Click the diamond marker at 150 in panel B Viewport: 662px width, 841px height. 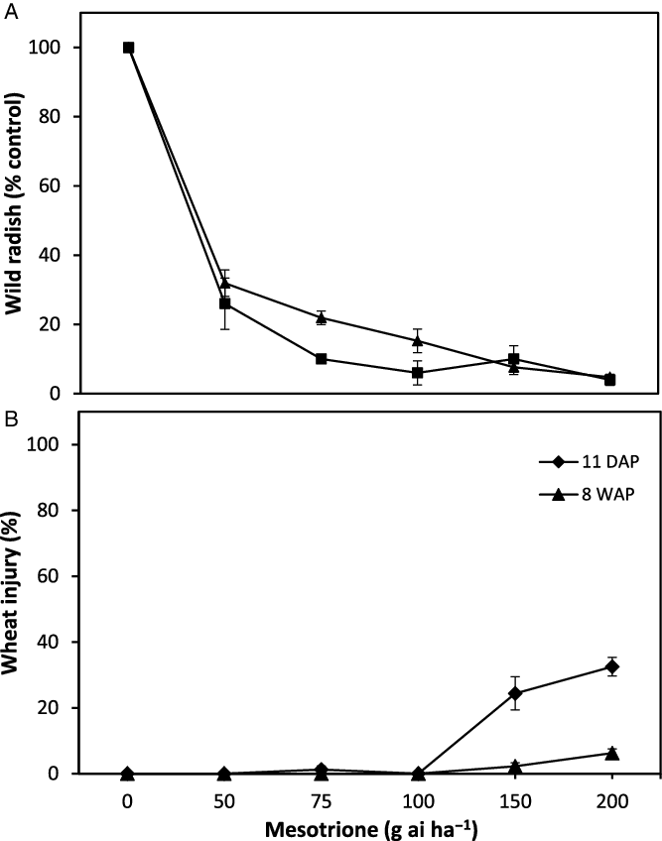[514, 693]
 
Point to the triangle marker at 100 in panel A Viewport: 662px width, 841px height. [418, 340]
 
